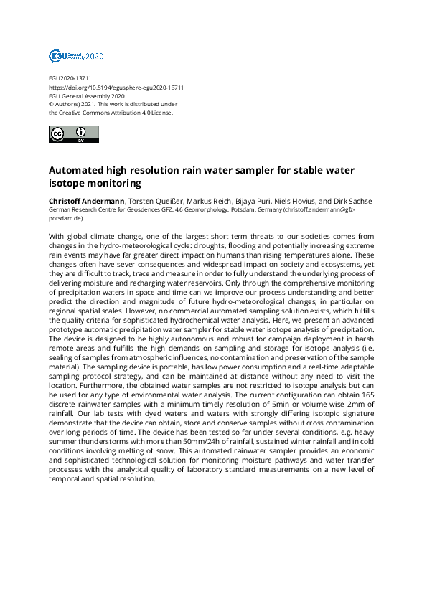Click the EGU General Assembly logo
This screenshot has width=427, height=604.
click(76, 55)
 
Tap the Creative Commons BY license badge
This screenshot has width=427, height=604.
click(70, 134)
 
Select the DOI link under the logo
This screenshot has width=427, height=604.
click(116, 87)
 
